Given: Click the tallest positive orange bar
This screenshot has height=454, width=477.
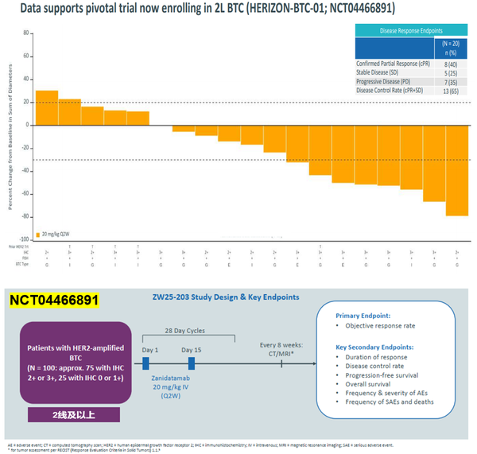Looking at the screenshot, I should [x=47, y=107].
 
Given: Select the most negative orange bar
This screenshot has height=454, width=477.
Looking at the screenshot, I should [x=457, y=170].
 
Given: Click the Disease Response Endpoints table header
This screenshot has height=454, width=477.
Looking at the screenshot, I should [x=410, y=30].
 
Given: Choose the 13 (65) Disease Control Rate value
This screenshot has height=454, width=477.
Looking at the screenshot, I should [x=450, y=91].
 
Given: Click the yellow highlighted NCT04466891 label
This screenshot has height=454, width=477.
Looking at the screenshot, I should [x=54, y=301].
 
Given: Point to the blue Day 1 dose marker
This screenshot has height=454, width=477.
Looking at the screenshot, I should [x=146, y=363].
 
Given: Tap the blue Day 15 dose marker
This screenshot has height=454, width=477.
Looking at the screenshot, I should [x=191, y=363].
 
